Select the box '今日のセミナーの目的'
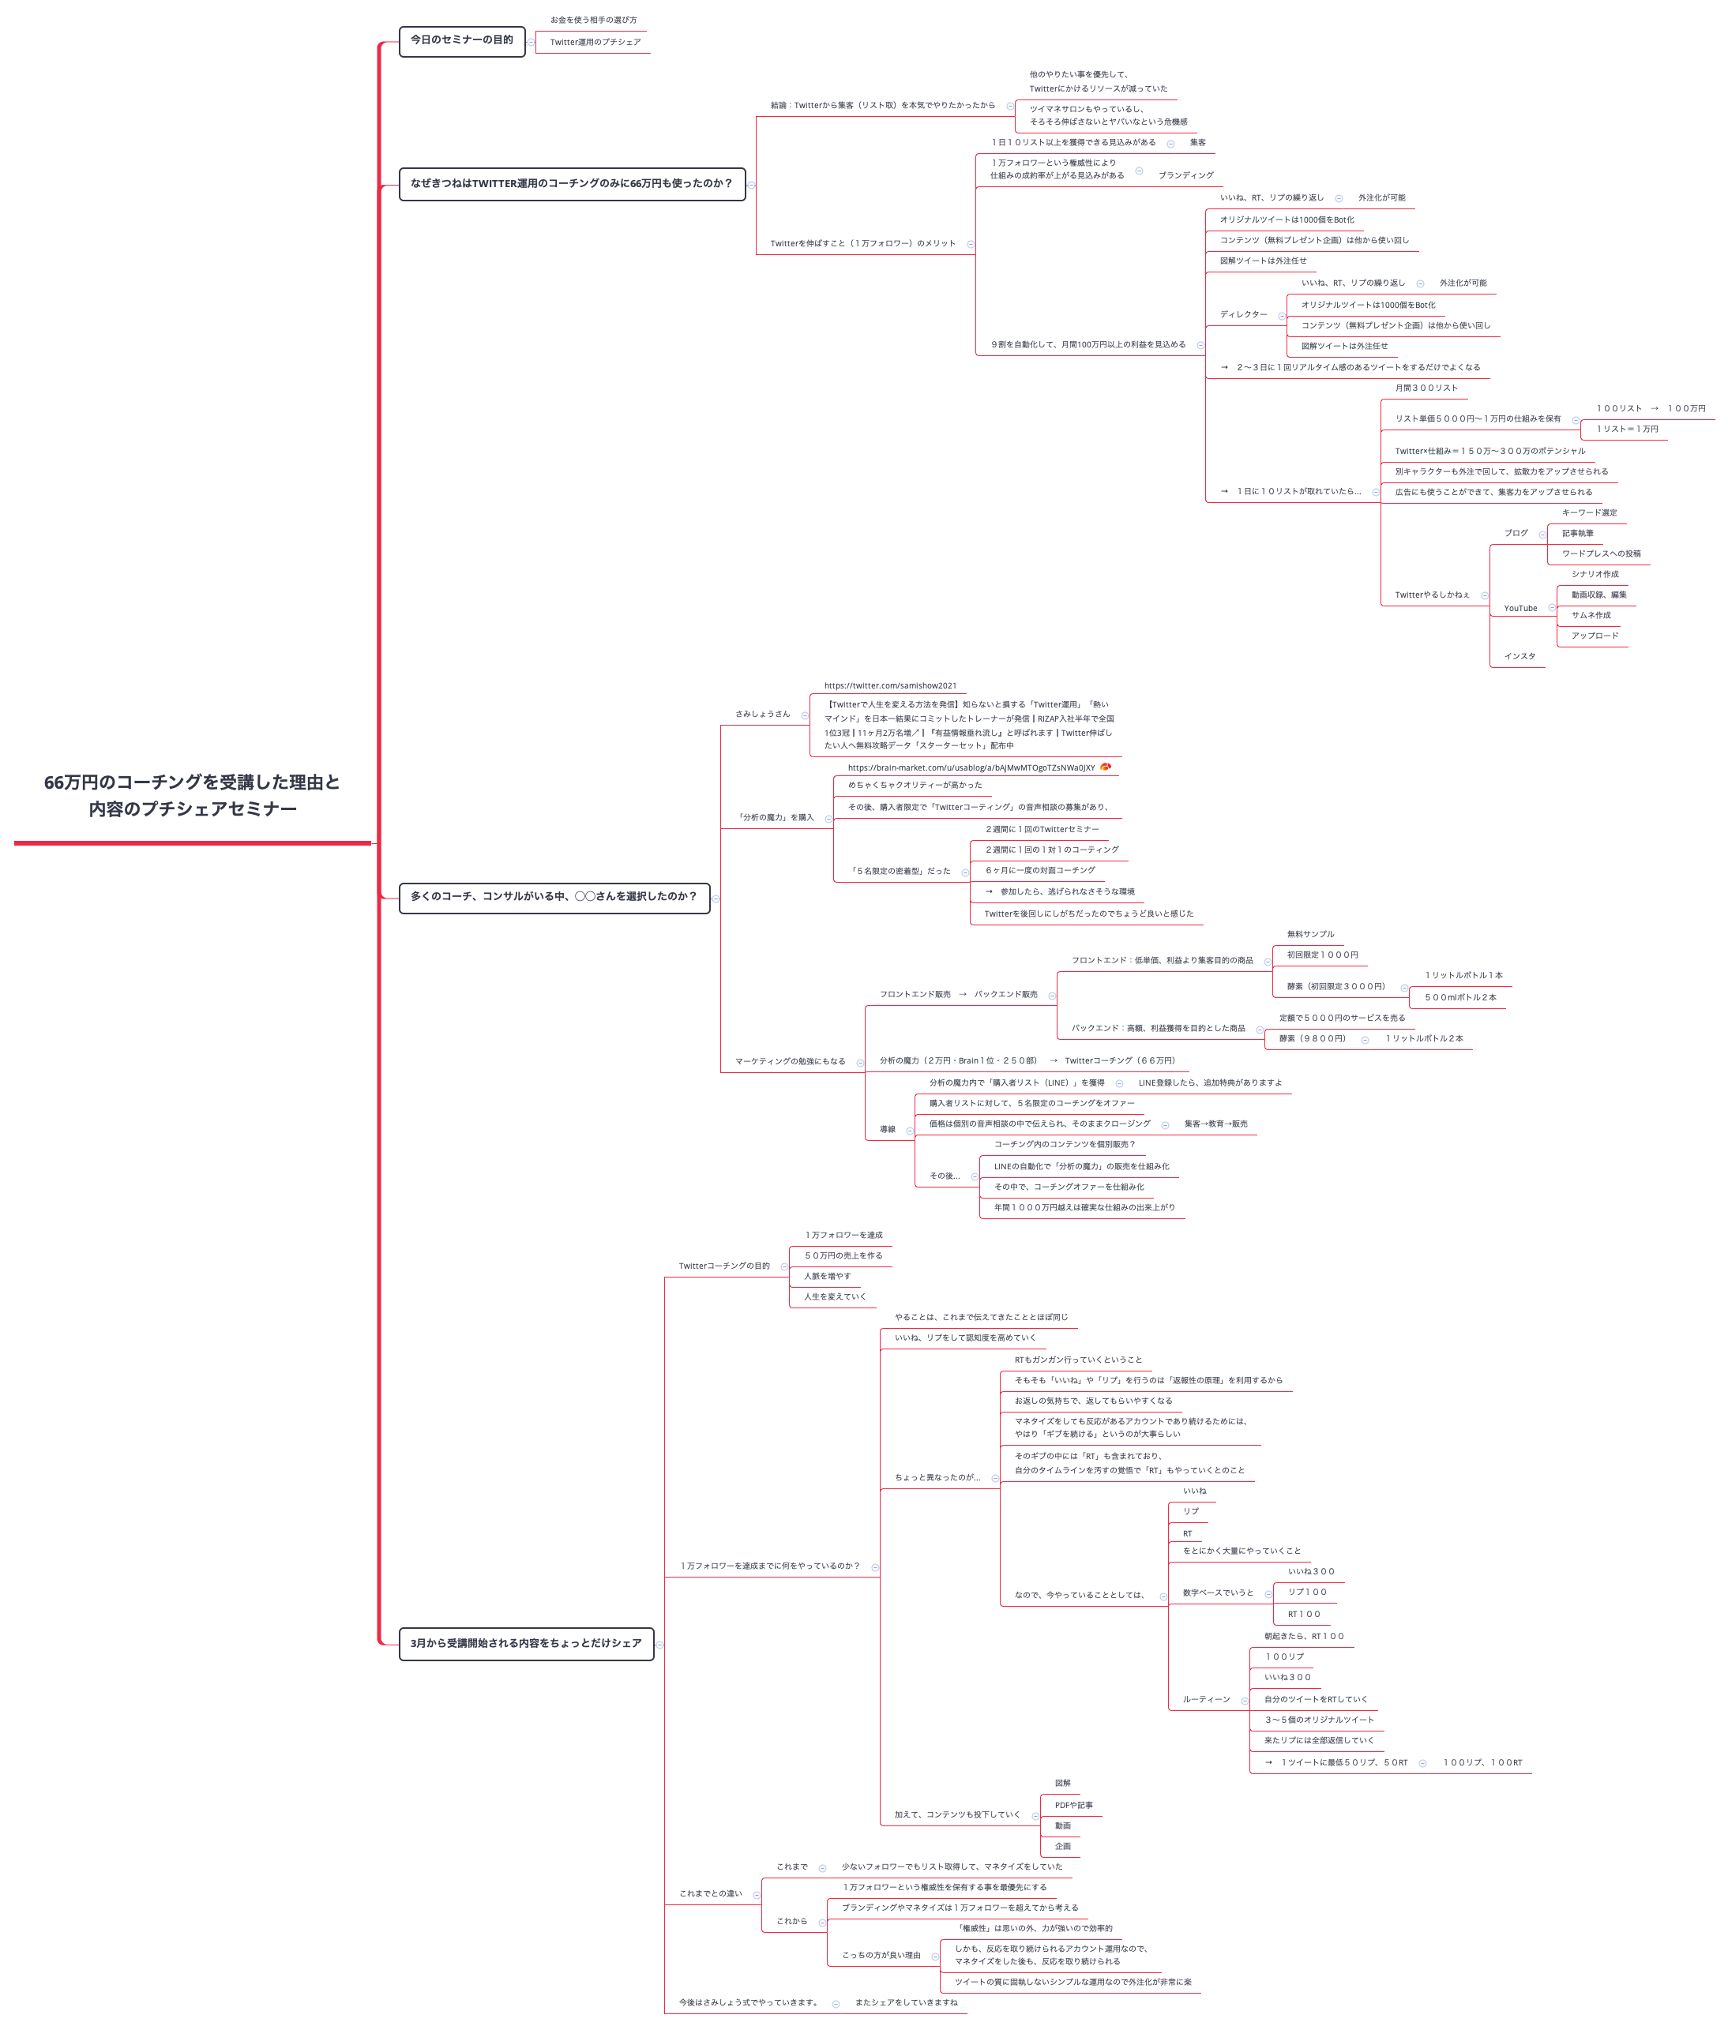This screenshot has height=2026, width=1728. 461,40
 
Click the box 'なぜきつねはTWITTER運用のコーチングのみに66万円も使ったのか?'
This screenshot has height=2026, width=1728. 571,184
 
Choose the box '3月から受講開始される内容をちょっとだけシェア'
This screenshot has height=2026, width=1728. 525,1643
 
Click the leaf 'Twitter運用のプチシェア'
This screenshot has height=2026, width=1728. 595,42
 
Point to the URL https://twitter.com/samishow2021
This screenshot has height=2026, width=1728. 890,685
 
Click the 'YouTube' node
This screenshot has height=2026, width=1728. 1520,608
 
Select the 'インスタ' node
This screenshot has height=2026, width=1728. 1519,656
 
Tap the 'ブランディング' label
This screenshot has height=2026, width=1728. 1185,175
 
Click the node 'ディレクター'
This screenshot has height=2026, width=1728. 1243,314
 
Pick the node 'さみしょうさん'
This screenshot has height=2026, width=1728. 762,714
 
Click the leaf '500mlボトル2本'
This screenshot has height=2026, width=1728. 1459,997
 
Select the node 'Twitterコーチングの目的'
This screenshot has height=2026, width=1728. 723,1266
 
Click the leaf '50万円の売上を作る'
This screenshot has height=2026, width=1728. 843,1255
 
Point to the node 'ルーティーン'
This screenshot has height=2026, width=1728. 1206,1699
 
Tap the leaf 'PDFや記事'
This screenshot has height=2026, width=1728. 1072,1805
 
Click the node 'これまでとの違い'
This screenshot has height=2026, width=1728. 710,1894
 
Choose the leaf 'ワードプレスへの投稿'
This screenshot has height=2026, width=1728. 1601,553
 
